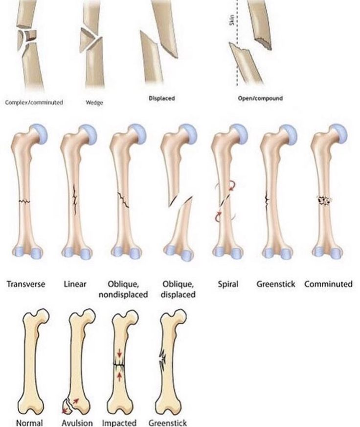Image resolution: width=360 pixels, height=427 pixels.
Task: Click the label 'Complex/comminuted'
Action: tap(34, 102)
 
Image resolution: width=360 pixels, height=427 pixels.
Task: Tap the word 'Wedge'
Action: tap(94, 103)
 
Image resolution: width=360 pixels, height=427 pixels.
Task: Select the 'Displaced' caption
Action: tap(161, 98)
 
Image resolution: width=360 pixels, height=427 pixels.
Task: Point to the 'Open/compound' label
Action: tap(260, 98)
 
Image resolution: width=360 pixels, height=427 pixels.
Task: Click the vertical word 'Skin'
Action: tap(232, 20)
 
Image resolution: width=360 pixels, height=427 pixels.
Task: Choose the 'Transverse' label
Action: tap(26, 284)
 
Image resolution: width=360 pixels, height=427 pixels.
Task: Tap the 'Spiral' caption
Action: tap(228, 285)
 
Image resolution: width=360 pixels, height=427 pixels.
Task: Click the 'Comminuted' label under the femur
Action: tap(328, 284)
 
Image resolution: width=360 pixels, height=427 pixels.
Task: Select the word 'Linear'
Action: tap(75, 284)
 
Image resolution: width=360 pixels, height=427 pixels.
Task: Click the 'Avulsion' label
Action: tap(77, 423)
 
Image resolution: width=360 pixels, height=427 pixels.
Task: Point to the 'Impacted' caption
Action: tap(119, 423)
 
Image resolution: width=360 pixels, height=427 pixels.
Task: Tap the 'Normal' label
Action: tap(30, 423)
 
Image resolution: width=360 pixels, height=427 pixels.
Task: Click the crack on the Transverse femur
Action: tap(24, 202)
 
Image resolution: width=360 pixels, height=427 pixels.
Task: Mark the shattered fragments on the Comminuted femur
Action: tap(324, 201)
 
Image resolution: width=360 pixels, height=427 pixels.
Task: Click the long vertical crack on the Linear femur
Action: tap(74, 199)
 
